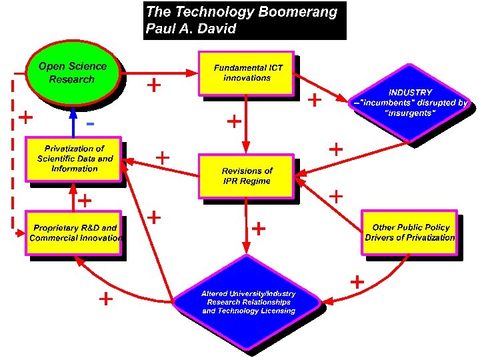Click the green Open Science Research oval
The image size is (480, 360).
click(73, 73)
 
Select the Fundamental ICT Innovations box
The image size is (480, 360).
click(247, 73)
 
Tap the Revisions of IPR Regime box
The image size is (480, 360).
click(247, 176)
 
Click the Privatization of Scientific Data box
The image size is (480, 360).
click(74, 159)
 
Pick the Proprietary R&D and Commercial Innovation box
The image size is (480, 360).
click(74, 233)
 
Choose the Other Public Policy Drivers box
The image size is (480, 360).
click(409, 232)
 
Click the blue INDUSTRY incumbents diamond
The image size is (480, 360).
click(410, 103)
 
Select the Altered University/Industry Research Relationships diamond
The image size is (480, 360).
click(248, 302)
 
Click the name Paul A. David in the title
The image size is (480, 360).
click(191, 29)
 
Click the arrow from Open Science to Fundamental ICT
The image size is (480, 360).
click(160, 72)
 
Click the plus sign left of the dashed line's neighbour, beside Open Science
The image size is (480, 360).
click(25, 118)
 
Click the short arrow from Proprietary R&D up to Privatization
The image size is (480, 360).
click(74, 198)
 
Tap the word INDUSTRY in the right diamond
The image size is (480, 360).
click(410, 92)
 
